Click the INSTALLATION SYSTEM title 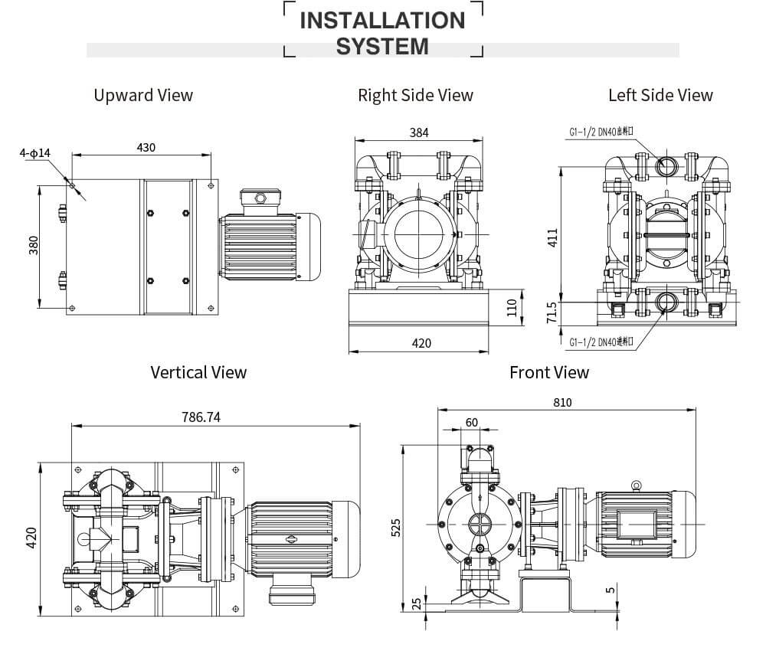click(x=382, y=32)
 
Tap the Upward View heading click(x=143, y=95)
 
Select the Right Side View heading click(x=415, y=95)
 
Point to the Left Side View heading click(x=660, y=95)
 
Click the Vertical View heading click(x=198, y=372)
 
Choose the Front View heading click(x=549, y=372)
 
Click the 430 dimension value click(x=146, y=146)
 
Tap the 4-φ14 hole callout click(x=35, y=153)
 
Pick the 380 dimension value click(x=34, y=245)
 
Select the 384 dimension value click(x=418, y=132)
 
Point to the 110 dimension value click(x=512, y=308)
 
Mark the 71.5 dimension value click(x=552, y=314)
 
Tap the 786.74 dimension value click(x=201, y=417)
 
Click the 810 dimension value click(x=562, y=402)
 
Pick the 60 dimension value click(x=471, y=423)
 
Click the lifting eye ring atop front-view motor click(x=635, y=485)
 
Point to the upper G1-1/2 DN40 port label click(x=601, y=132)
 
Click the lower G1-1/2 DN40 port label click(x=601, y=342)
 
